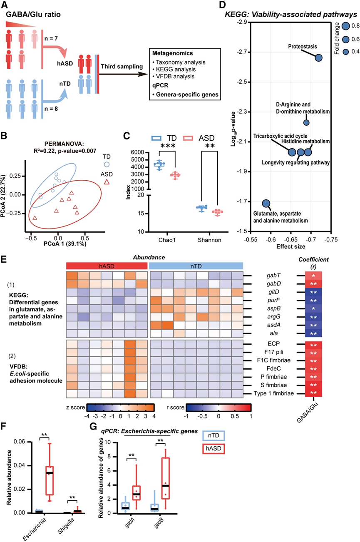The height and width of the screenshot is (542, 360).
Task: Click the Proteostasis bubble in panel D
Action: pos(318,58)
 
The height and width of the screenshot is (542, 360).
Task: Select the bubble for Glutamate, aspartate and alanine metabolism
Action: pos(266,204)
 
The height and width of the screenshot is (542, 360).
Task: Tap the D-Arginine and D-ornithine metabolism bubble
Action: pos(306,122)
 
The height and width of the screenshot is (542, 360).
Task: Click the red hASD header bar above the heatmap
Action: pos(107,266)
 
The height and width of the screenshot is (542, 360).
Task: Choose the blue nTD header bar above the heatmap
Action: pos(196,266)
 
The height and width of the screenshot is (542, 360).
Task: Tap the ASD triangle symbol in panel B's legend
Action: pos(107,181)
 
